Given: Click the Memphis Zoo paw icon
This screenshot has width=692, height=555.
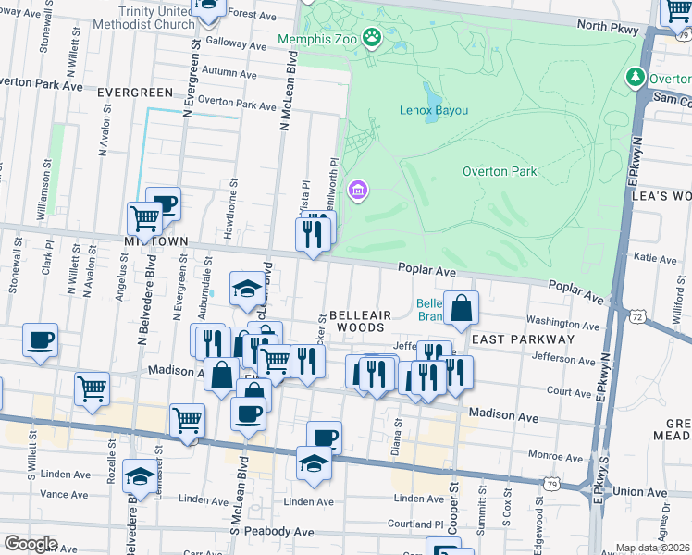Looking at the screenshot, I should click(x=372, y=38).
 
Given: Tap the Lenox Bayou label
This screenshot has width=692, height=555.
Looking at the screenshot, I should click(x=434, y=111).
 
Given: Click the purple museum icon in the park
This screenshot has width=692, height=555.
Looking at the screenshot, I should click(x=358, y=191).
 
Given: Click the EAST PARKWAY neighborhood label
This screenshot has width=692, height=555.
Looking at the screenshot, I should click(x=524, y=339).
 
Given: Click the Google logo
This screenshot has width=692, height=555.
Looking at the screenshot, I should click(x=31, y=544).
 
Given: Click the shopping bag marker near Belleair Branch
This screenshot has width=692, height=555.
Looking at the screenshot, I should click(x=461, y=309).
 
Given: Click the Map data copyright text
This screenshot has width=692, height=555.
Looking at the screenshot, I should click(x=653, y=547).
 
